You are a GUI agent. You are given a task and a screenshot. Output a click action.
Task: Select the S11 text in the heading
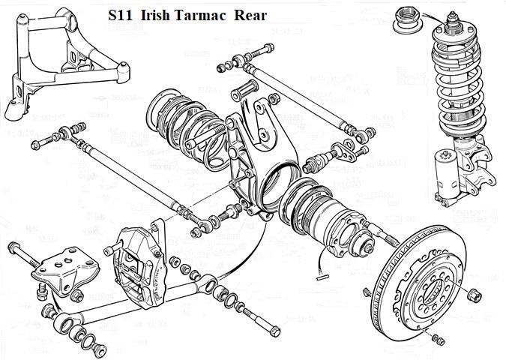coord(120,16)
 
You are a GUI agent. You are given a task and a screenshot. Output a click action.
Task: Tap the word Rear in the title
coord(250,16)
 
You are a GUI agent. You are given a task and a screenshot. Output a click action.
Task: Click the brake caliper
coord(139,265)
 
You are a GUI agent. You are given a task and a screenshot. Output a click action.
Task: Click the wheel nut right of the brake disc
coord(475,295)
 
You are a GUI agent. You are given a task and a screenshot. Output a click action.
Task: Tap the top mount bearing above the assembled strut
coord(408,21)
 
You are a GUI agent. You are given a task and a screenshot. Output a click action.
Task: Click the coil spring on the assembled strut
coord(458,84)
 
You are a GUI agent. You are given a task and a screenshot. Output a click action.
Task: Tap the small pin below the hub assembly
coord(322,276)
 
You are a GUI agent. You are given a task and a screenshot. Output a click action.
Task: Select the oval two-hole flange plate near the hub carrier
coord(345,151)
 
